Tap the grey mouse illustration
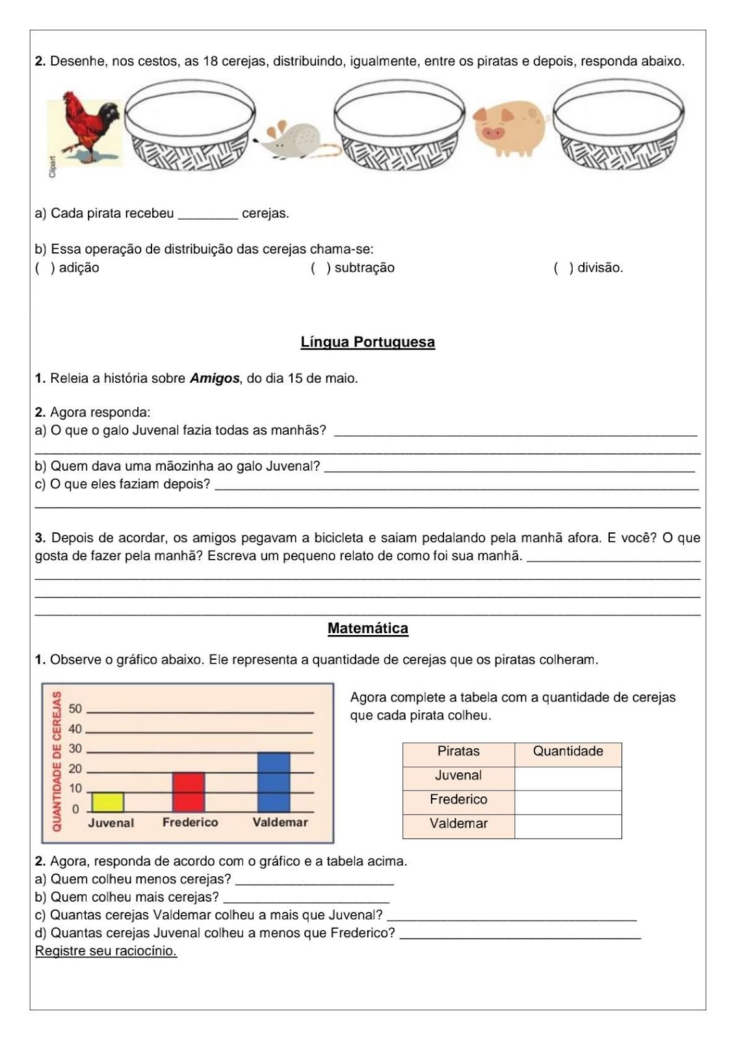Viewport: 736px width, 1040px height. [293, 140]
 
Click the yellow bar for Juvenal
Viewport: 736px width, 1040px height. [108, 802]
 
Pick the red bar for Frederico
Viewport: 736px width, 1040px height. [189, 792]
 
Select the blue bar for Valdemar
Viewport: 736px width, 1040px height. [274, 782]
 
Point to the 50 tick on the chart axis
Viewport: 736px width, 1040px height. [75, 708]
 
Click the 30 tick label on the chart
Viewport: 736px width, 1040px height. [75, 749]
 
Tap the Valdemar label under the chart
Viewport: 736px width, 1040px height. [280, 822]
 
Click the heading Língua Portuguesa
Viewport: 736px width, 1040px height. [367, 342]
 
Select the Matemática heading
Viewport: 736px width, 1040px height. [367, 629]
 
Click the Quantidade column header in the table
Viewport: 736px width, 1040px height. [568, 751]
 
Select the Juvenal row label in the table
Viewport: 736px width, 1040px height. [458, 775]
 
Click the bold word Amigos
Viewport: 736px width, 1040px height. [215, 378]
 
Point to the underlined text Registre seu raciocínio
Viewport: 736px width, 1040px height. [106, 951]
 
